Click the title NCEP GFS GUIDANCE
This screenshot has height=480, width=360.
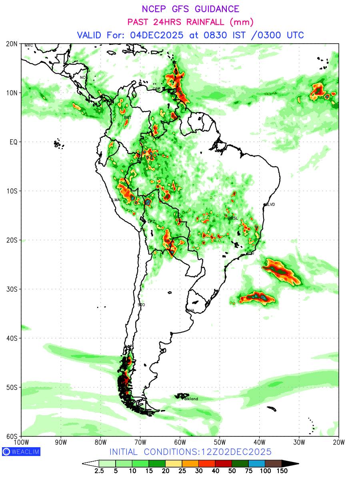pos(190,9)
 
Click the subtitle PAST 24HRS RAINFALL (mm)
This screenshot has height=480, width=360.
pos(190,22)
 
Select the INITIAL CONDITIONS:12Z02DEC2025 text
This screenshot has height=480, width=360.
pos(190,452)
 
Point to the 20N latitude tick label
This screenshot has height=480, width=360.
pos(12,44)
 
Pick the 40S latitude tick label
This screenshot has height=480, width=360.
pos(12,338)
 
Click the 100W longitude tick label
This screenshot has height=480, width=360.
pos(21,442)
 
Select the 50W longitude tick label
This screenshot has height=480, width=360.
pos(220,442)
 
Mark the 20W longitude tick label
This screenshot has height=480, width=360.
pos(338,442)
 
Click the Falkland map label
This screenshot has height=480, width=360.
pos(190,399)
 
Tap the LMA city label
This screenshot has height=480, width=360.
pos(116,200)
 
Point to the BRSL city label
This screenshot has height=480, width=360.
pos(233,218)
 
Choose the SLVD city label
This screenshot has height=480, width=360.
pos(270,204)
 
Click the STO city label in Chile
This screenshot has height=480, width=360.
pos(141,305)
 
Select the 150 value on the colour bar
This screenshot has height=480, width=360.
pos(282,471)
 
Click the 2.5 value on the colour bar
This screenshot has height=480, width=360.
pos(99,471)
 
